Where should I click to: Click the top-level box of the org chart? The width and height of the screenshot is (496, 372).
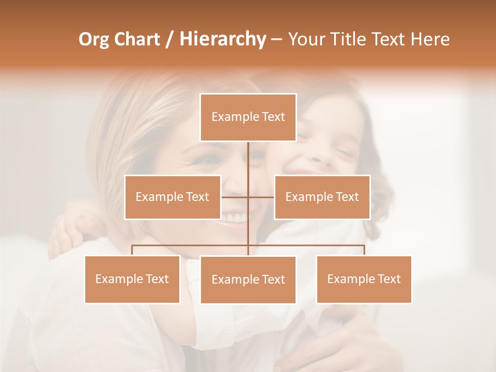[x=248, y=117]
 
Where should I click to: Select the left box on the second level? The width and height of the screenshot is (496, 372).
[x=173, y=197]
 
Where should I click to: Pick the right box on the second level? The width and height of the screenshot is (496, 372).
[x=322, y=197]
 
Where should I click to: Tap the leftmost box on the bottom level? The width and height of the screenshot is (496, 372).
[x=132, y=279]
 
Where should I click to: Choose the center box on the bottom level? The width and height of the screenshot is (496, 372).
[x=248, y=280]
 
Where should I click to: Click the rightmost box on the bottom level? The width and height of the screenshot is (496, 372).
[x=364, y=279]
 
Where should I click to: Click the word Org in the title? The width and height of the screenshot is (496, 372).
[x=94, y=39]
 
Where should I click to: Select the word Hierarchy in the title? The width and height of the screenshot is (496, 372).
[x=222, y=39]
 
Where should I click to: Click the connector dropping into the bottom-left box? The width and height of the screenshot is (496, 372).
[x=132, y=250]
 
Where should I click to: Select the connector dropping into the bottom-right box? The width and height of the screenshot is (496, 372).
[x=364, y=250]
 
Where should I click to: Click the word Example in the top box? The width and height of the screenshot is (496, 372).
[x=230, y=117]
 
